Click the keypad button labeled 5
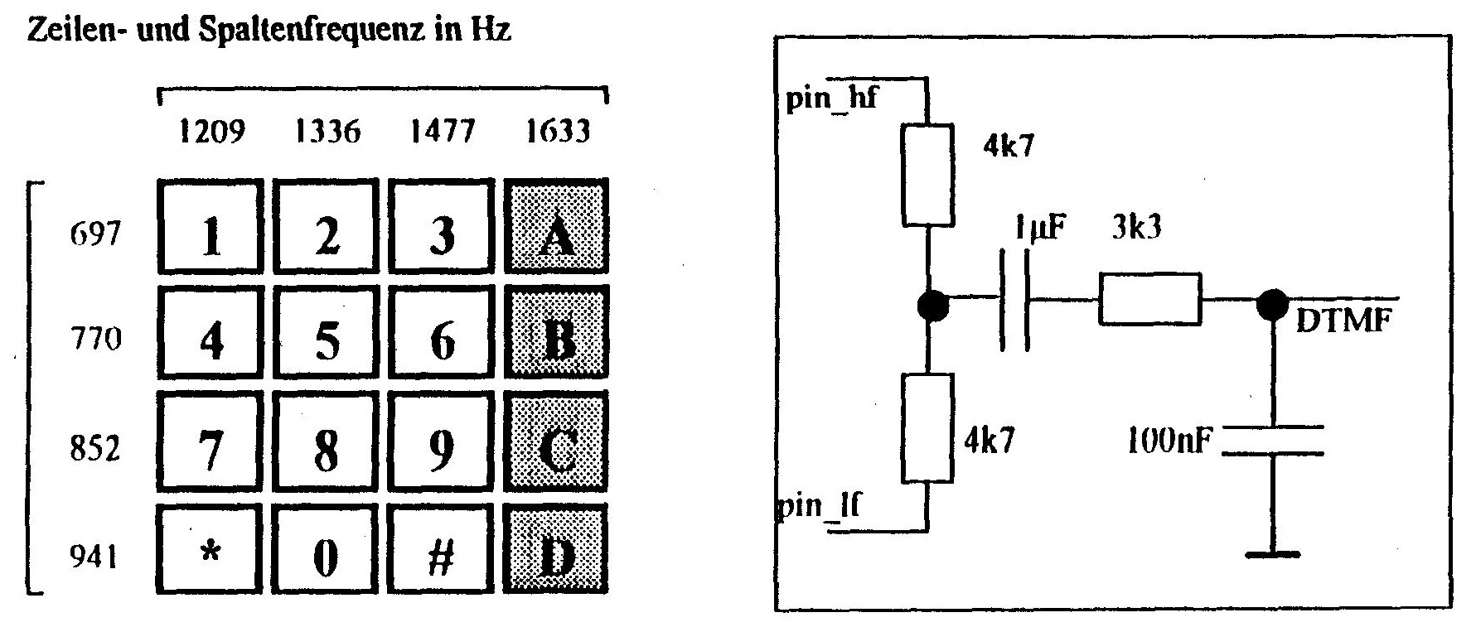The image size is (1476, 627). (327, 340)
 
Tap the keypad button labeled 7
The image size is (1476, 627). (211, 447)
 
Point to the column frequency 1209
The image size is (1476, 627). (212, 132)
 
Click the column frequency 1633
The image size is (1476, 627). (559, 132)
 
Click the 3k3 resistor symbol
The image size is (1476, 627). (1149, 299)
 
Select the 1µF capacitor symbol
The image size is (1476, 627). (1016, 299)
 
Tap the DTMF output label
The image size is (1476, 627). (1343, 320)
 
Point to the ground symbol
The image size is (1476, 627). (1274, 554)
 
